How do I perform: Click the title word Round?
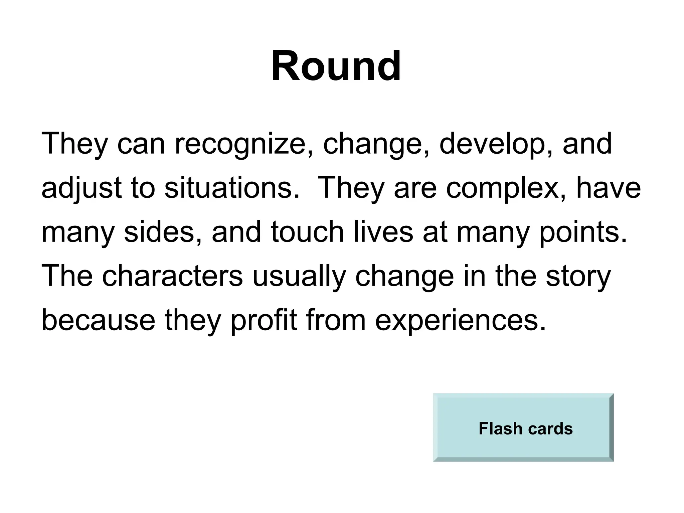[336, 66]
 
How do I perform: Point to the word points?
[583, 233]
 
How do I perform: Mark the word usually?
[299, 277]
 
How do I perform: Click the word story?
[578, 277]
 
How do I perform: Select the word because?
[98, 321]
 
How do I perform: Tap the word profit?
[264, 321]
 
